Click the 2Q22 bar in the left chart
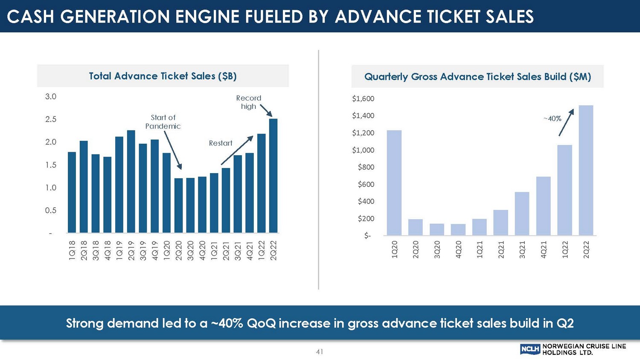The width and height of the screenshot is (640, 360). point(273,176)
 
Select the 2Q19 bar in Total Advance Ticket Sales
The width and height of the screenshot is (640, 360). point(131,181)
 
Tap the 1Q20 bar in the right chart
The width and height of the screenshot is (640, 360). point(394,183)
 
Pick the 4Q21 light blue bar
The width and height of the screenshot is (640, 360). point(543,206)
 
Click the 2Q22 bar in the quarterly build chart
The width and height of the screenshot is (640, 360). point(586,170)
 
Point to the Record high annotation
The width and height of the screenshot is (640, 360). point(249,102)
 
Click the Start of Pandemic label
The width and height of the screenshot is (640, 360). point(163,122)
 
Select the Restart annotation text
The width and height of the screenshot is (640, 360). point(221,143)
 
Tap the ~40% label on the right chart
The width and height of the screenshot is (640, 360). point(552,119)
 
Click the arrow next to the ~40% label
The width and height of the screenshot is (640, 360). point(566,122)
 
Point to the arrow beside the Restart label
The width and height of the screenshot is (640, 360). point(237,150)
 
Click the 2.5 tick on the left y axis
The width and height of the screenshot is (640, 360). point(51,119)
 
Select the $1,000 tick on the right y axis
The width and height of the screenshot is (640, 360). point(363,150)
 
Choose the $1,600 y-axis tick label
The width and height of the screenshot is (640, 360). point(363,99)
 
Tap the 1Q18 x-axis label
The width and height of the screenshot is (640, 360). point(72,250)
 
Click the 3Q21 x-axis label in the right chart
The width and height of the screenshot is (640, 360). point(522,249)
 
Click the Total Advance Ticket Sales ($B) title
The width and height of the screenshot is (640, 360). point(163,76)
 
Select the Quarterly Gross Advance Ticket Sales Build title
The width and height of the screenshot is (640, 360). point(477,77)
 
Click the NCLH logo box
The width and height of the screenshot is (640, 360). point(530,349)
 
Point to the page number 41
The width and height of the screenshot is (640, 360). point(320,351)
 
